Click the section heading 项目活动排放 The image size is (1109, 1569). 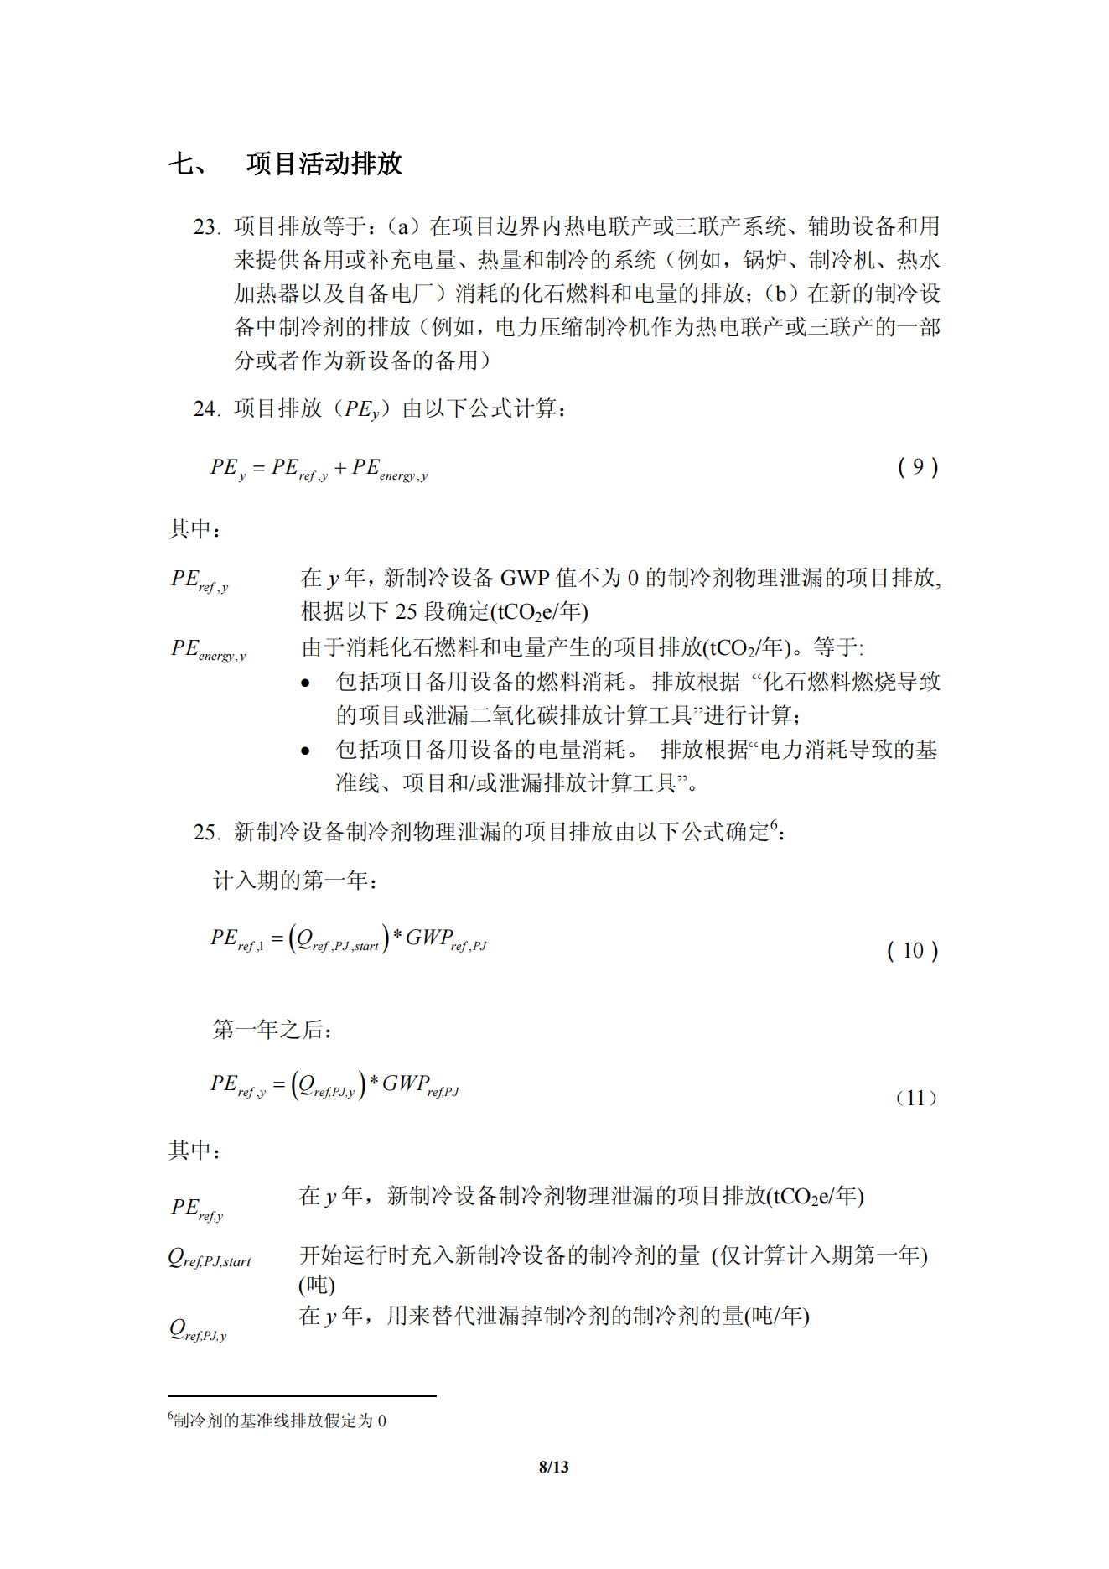pos(324,164)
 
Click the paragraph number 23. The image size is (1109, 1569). pos(206,227)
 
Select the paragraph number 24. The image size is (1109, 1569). pos(206,409)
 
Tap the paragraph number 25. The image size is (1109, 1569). pos(206,833)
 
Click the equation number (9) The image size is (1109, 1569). pos(918,467)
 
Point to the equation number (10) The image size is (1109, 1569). pos(912,951)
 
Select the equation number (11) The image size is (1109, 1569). pos(916,1098)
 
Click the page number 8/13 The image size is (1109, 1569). pos(553,1467)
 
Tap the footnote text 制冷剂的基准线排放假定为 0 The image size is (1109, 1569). pos(280,1421)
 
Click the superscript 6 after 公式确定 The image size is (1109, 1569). pos(774,824)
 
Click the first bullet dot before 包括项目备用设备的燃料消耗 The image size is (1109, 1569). pos(306,683)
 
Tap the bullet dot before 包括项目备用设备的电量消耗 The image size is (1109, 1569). pos(306,751)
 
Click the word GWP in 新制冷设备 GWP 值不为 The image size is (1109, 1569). pos(525,579)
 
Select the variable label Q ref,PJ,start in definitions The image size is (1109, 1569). pos(210,1258)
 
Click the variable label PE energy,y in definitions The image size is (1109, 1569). pos(208,650)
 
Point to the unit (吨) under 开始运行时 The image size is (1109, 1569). pos(317,1285)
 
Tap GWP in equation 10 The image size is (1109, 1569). pos(429,937)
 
